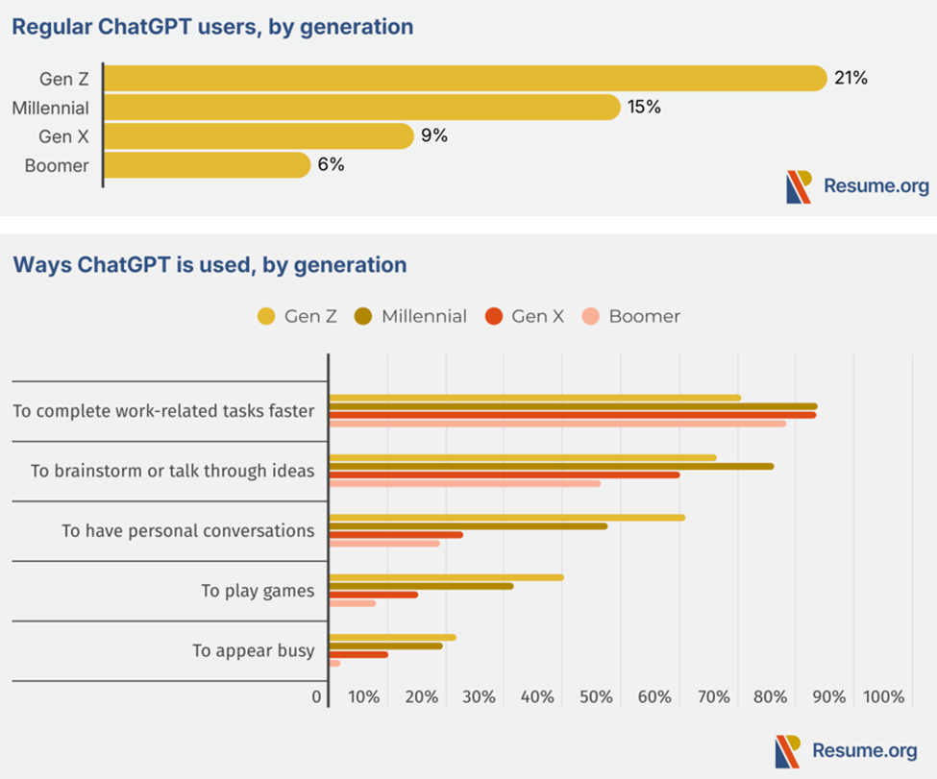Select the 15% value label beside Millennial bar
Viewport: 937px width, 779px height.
tap(644, 107)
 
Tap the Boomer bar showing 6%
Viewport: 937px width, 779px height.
tap(207, 165)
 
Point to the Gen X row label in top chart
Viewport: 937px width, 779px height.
tap(63, 136)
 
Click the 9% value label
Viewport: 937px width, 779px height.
tap(434, 136)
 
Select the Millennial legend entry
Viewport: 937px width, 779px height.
tap(410, 316)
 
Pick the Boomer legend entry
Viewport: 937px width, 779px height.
tap(631, 316)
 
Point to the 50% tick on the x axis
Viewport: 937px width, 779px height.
tap(596, 697)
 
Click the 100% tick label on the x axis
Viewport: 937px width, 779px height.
tap(883, 697)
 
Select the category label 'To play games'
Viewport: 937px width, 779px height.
tap(258, 591)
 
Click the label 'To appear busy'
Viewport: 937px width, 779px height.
tap(253, 650)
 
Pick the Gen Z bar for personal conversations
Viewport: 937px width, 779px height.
tap(506, 517)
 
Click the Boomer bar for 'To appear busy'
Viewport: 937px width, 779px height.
tap(334, 663)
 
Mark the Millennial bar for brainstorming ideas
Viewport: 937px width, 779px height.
tap(551, 466)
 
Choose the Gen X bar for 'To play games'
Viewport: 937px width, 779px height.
tap(373, 595)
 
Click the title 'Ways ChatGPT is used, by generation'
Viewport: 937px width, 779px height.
tap(210, 264)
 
